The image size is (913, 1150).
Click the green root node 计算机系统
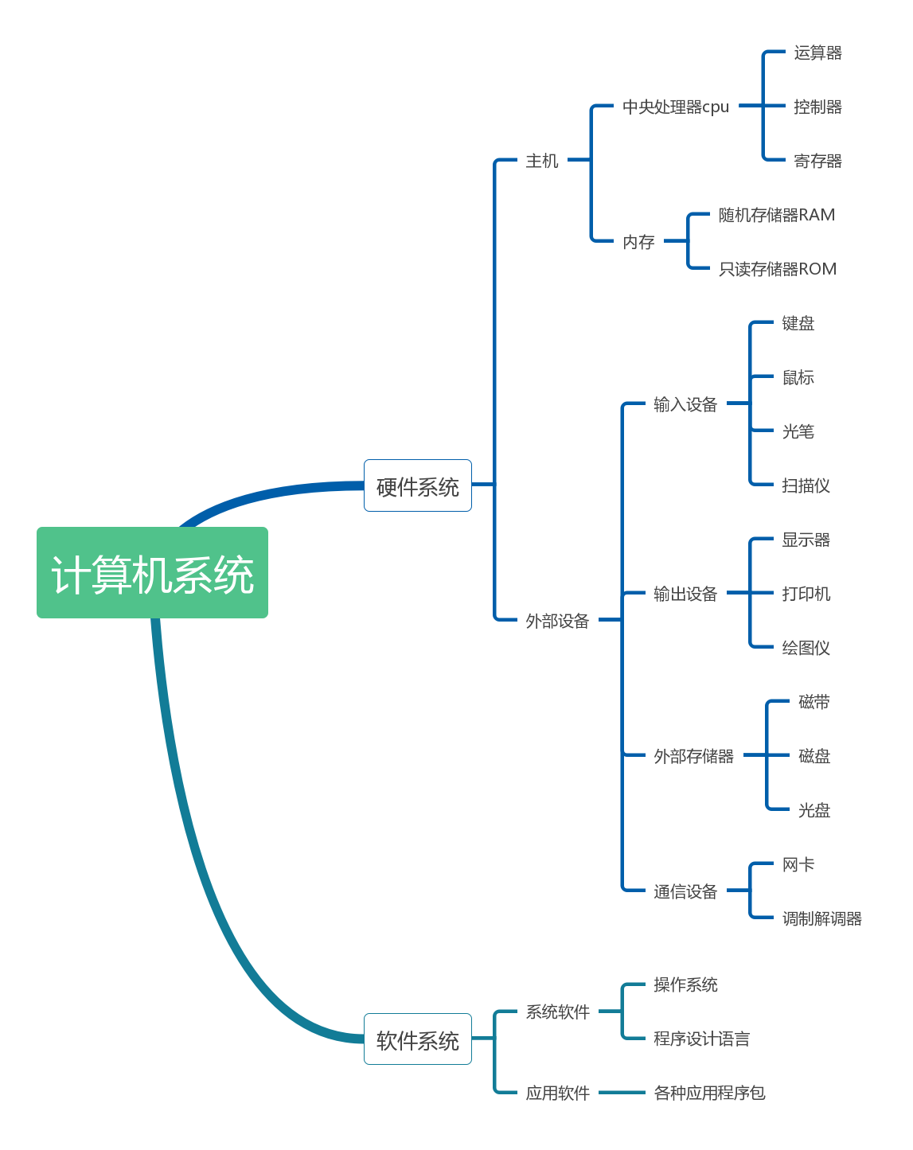coord(152,573)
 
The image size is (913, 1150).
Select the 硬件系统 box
coord(418,485)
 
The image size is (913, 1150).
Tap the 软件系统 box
coord(418,1039)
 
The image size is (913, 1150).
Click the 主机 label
coord(542,161)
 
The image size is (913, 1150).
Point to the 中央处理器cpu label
coord(676,107)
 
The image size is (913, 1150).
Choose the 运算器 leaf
coord(817,53)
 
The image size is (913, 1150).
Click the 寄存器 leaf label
coord(817,161)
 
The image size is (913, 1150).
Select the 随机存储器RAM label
coord(777,215)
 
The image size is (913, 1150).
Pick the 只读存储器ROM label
coord(778,269)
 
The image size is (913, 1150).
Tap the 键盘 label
coord(798,323)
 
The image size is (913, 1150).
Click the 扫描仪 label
coord(806,485)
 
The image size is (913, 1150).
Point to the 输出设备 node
coord(685,594)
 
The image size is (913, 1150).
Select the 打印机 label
coord(806,594)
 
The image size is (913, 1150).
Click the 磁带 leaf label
coord(814,702)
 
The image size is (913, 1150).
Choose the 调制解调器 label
coord(821,918)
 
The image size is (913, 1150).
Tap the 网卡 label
coord(798,864)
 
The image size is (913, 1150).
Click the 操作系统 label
coord(685,984)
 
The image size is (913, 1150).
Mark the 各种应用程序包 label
coord(709,1093)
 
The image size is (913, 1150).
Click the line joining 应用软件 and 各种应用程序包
coord(622,1093)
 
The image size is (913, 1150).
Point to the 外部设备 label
coord(557,621)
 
